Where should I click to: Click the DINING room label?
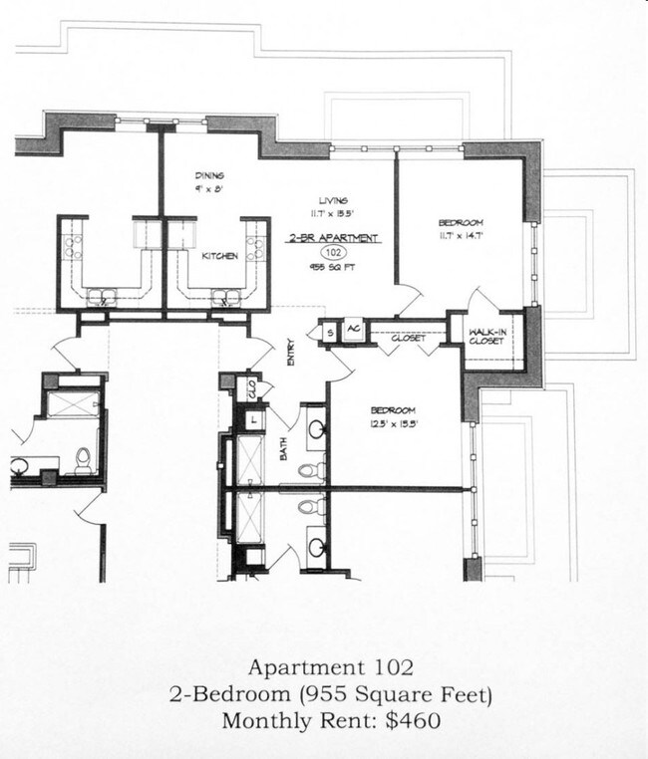click(x=210, y=175)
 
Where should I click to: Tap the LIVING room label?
click(x=333, y=200)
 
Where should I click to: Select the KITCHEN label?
click(x=219, y=256)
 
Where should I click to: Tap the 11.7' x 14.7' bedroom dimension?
click(x=462, y=236)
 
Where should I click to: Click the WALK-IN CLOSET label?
click(x=487, y=337)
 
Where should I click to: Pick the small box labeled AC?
click(x=354, y=330)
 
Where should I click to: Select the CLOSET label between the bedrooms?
click(x=408, y=339)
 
